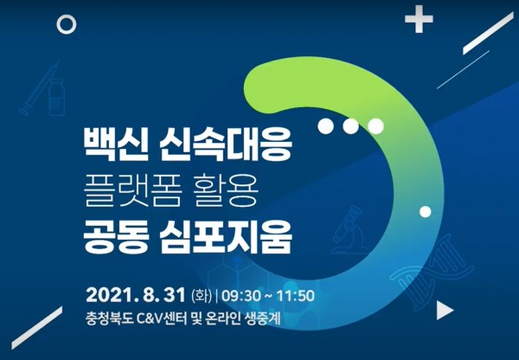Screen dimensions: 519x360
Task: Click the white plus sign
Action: tap(419, 19)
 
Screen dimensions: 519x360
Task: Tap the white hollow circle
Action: tap(67, 24)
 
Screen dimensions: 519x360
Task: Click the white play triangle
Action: tap(445, 311)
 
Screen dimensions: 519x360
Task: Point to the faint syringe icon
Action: tap(40, 88)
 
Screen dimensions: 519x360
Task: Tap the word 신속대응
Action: tap(226, 145)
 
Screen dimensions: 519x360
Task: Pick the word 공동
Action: tap(115, 238)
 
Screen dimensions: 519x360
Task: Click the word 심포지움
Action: tap(226, 238)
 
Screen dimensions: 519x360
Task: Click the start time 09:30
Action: tap(241, 295)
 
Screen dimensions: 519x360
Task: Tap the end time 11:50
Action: tap(295, 295)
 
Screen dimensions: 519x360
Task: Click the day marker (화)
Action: tap(202, 295)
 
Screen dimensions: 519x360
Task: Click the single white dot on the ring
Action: tap(426, 212)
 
